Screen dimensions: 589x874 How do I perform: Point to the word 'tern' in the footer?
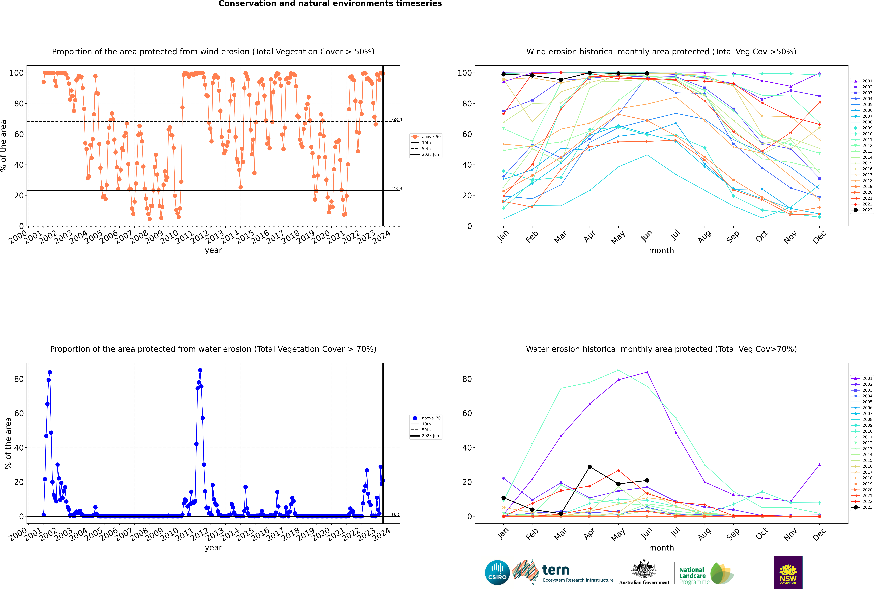tap(556, 570)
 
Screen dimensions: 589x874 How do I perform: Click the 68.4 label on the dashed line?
tap(397, 119)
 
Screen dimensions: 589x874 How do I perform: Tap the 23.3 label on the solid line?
tap(397, 189)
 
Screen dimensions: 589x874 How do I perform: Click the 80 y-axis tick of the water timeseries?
tap(19, 379)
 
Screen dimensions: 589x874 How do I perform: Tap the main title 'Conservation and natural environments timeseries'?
tap(330, 4)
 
